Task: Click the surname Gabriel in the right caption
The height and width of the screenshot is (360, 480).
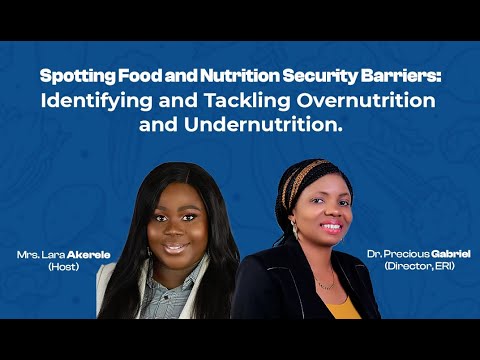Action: [x=448, y=256]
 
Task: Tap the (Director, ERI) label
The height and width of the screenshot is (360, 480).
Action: [x=425, y=267]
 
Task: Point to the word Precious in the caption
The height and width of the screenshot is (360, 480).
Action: [x=403, y=256]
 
